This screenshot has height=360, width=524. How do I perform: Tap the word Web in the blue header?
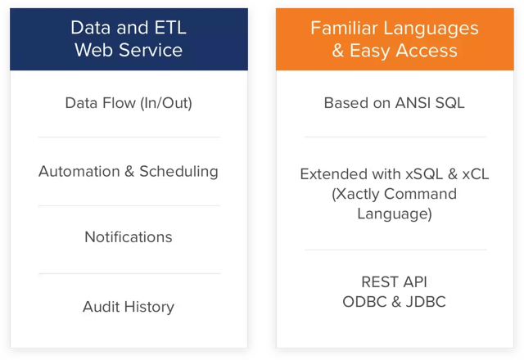(x=93, y=49)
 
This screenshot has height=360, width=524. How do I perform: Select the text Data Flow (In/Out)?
(x=129, y=103)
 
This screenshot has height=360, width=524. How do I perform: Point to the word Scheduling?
(x=178, y=171)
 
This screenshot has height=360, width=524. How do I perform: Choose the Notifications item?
(x=129, y=236)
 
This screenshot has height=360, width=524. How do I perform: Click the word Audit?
(x=102, y=307)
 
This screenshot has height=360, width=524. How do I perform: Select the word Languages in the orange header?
(x=431, y=28)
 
